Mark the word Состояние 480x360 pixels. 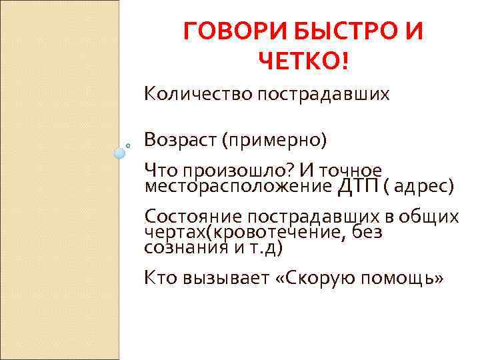(x=192, y=217)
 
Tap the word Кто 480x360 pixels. (x=159, y=279)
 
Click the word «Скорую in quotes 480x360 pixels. (x=313, y=279)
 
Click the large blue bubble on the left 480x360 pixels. (x=119, y=153)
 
